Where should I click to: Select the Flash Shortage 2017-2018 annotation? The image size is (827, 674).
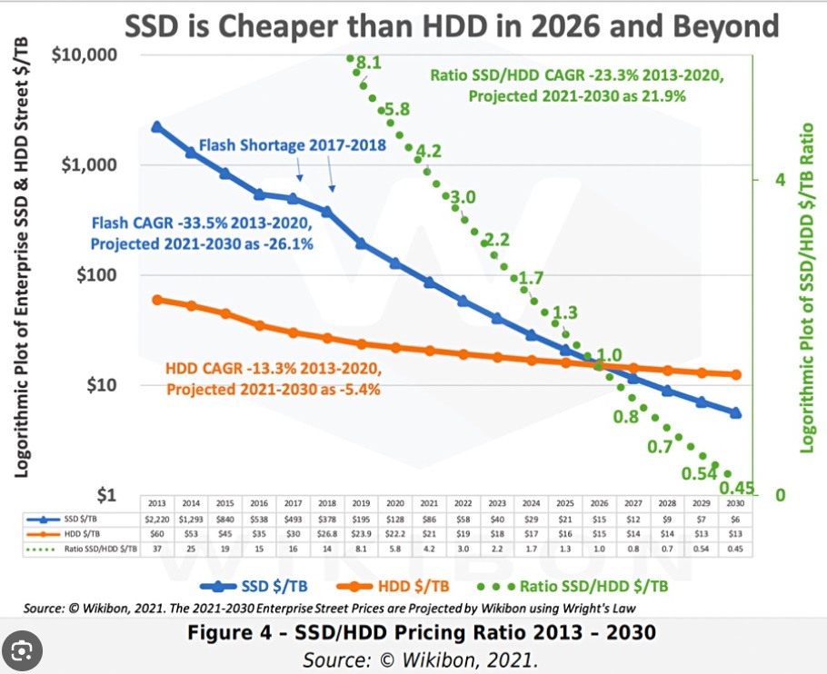tap(293, 144)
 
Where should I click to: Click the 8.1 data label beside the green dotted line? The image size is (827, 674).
tap(368, 63)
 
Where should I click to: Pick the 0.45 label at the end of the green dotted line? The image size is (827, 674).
tap(737, 488)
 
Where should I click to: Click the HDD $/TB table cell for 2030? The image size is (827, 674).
tap(735, 532)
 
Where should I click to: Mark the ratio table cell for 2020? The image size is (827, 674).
tap(394, 548)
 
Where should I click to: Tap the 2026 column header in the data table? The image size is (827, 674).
tap(599, 502)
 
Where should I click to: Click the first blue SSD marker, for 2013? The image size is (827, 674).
tap(156, 126)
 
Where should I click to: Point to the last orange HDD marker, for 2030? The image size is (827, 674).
tap(735, 374)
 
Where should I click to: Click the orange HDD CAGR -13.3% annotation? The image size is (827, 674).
tap(273, 380)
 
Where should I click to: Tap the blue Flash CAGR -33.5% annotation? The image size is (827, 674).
tap(201, 233)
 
